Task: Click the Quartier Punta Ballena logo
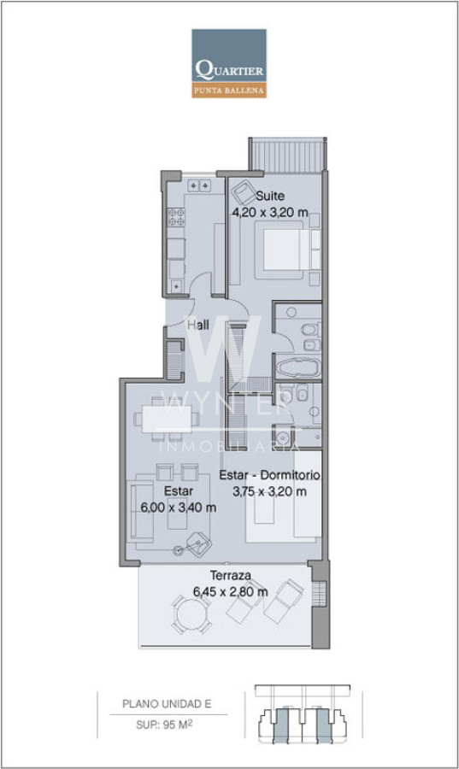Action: click(229, 63)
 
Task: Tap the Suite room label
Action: click(270, 196)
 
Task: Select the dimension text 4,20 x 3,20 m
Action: click(270, 213)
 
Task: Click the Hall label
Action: click(198, 325)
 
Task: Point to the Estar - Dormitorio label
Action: click(270, 475)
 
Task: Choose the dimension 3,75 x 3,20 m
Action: click(270, 491)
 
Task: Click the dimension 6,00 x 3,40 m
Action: click(179, 507)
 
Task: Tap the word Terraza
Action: click(231, 575)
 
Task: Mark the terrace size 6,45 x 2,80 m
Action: click(231, 591)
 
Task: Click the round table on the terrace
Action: click(191, 614)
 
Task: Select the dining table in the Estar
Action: click(167, 419)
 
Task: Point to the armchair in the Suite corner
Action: click(244, 192)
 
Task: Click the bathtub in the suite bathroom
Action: click(297, 368)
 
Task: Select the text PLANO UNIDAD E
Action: click(167, 704)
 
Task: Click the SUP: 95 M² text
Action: click(164, 725)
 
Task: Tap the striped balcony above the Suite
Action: click(287, 155)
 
